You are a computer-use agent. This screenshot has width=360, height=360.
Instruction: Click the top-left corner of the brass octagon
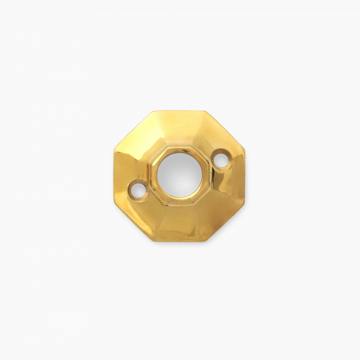153,111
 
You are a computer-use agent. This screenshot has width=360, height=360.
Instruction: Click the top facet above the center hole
179,129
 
